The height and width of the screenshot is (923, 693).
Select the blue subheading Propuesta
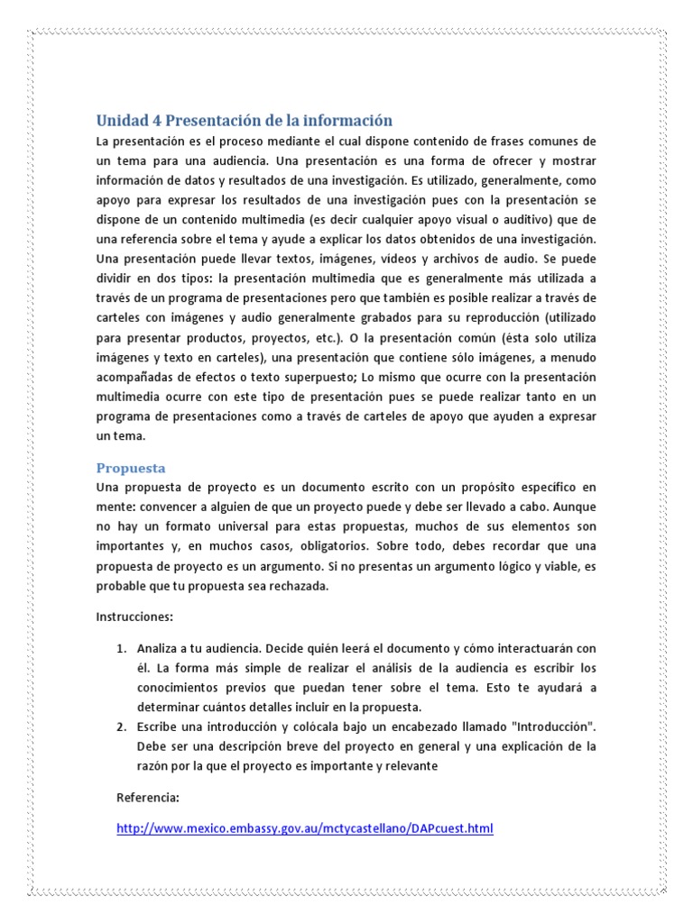coord(131,468)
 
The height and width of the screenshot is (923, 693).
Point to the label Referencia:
coord(149,798)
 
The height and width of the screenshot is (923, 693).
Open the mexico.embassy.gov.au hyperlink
coord(305,828)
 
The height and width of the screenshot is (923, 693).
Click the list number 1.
coord(122,648)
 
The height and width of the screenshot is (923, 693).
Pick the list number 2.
coord(122,726)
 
